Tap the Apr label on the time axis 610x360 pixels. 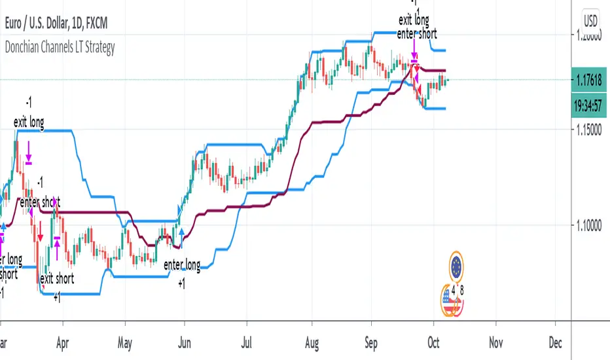click(x=63, y=341)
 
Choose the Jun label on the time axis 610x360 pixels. click(x=185, y=341)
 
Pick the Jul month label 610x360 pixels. click(x=246, y=341)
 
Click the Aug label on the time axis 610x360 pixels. click(x=309, y=341)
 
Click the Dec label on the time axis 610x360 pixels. click(x=556, y=341)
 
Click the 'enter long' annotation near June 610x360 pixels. click(x=182, y=265)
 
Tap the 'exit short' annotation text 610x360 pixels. click(x=57, y=278)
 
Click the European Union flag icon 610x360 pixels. click(x=457, y=266)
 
